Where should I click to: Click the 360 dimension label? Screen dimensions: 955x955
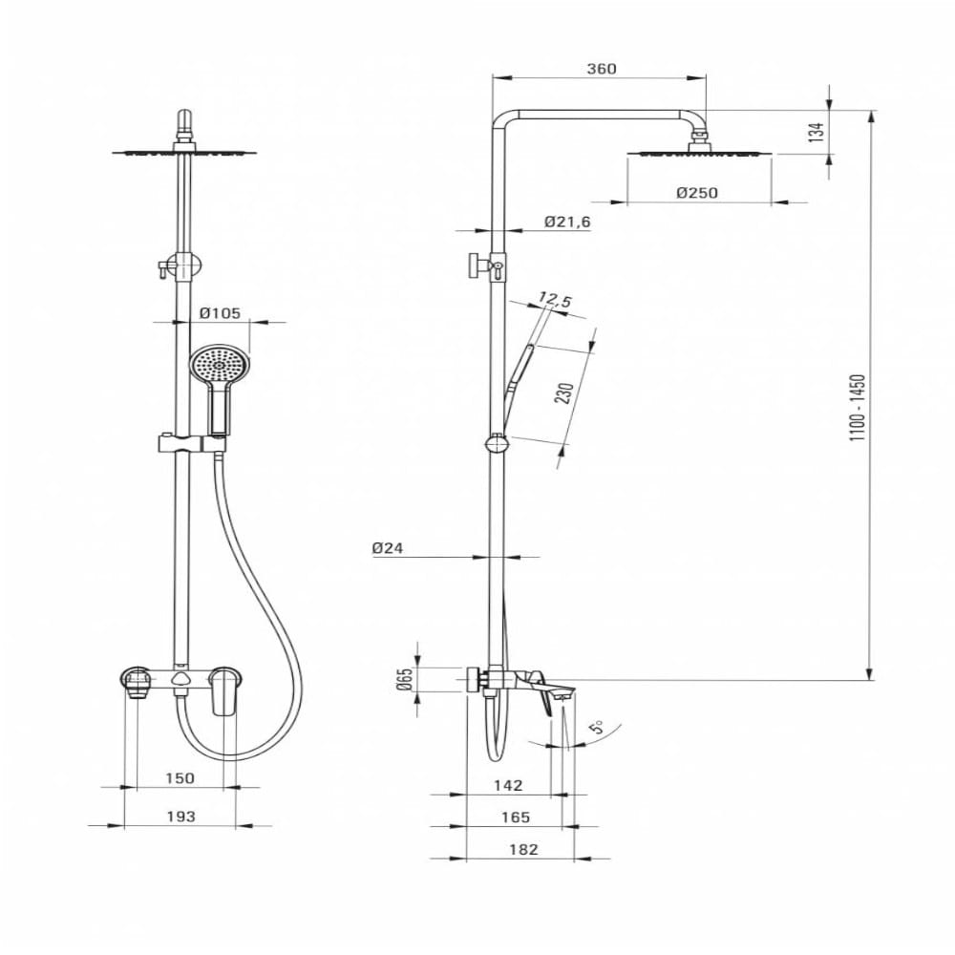click(x=601, y=69)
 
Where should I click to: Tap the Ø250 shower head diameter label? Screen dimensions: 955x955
click(x=697, y=193)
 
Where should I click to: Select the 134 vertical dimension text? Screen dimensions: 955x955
click(x=817, y=132)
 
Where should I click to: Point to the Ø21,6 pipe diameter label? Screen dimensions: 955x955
click(x=567, y=222)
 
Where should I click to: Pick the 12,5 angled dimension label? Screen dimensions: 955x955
click(x=554, y=300)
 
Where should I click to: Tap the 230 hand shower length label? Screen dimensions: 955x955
click(x=564, y=393)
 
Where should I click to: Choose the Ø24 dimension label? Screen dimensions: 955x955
click(x=388, y=548)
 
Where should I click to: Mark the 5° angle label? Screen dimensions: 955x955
click(x=599, y=726)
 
